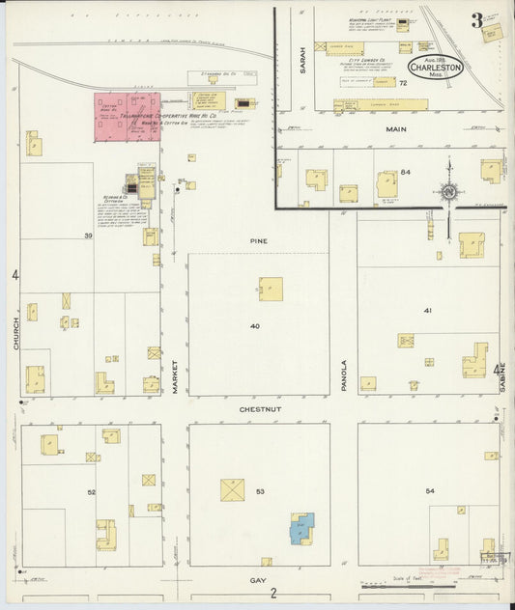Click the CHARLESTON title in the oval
436,69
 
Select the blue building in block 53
303,528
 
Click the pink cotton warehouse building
127,117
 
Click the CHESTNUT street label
259,409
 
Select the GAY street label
258,580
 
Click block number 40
255,326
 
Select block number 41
426,311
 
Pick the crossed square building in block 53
232,489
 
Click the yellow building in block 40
271,289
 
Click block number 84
406,172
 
